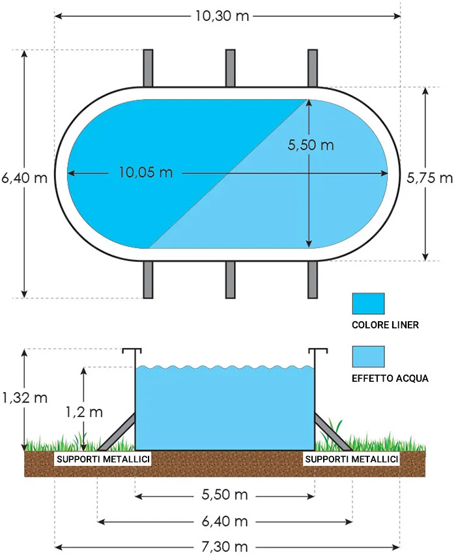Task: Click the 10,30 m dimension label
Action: (x=221, y=16)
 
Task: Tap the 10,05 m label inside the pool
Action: (x=146, y=173)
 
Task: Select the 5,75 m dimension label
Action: (x=429, y=178)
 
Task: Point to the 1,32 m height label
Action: (x=25, y=397)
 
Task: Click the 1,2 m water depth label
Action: (x=84, y=412)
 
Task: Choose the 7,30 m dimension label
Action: (x=225, y=547)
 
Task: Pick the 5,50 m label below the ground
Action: (x=225, y=494)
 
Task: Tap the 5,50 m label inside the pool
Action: (x=311, y=145)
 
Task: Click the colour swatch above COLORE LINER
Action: (x=368, y=304)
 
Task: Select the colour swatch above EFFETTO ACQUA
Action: (x=368, y=356)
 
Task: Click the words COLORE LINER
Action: (x=385, y=324)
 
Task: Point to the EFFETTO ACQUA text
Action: (x=390, y=379)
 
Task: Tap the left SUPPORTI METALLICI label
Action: (x=103, y=459)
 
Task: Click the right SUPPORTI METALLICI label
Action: (x=352, y=459)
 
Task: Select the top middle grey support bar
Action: (x=231, y=68)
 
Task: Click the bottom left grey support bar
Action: (x=148, y=279)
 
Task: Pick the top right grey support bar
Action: (x=313, y=68)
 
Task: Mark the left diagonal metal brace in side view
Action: (x=116, y=432)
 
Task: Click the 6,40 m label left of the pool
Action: (x=25, y=178)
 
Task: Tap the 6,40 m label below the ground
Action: (x=225, y=522)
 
